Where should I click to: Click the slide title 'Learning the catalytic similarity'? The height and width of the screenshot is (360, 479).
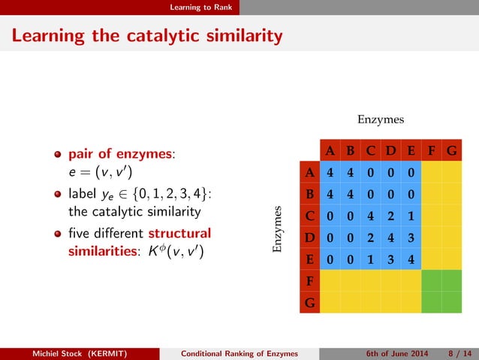click(x=147, y=35)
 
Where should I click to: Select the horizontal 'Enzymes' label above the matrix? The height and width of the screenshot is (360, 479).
click(x=381, y=119)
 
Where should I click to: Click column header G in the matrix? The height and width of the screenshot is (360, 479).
click(x=451, y=150)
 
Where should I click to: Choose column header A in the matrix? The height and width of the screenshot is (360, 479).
click(x=330, y=150)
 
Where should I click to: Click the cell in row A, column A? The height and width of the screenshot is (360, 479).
click(x=330, y=171)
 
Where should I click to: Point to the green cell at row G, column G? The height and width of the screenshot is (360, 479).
click(x=451, y=303)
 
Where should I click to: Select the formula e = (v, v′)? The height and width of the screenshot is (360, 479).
click(x=98, y=171)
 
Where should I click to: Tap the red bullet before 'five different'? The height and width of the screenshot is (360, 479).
click(x=57, y=233)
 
